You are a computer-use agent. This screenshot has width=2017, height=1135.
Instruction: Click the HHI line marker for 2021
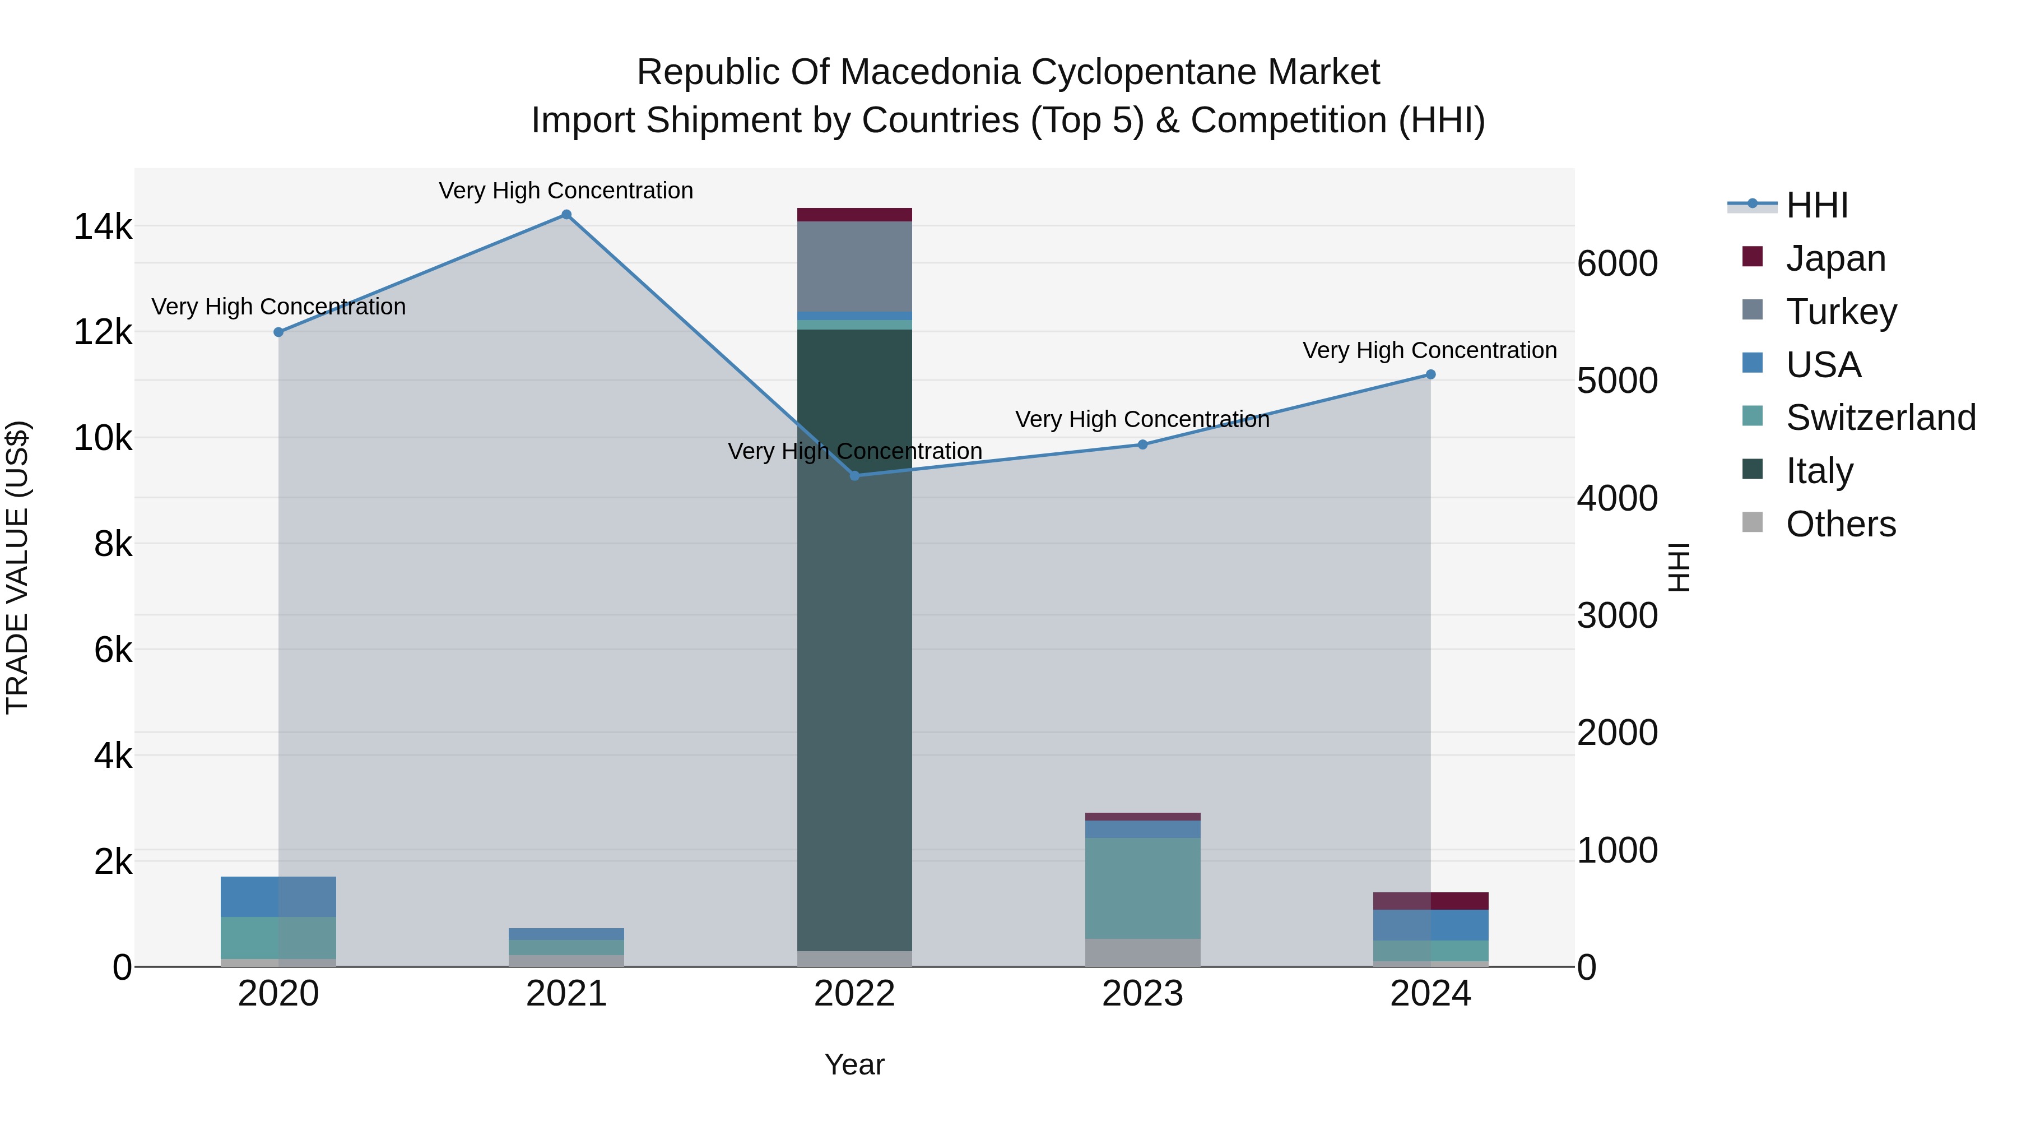(566, 215)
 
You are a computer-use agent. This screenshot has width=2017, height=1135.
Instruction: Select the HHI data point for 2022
(854, 475)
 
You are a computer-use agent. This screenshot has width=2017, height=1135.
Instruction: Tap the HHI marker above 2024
(1430, 374)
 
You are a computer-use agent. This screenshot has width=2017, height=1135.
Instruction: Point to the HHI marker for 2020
(279, 332)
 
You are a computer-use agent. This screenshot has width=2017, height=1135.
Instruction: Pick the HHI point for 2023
(1142, 445)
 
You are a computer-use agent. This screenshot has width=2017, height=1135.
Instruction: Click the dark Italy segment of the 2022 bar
(854, 627)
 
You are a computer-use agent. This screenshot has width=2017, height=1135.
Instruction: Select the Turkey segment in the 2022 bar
(854, 266)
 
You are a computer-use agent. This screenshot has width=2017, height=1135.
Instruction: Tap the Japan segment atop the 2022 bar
(854, 215)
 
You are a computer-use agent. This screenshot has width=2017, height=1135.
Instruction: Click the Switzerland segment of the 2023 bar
(1142, 887)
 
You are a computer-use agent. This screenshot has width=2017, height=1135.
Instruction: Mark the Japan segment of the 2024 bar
(1430, 901)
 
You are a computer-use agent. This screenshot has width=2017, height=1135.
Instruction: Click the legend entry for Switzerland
(1880, 418)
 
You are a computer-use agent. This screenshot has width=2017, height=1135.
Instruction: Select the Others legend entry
(1840, 524)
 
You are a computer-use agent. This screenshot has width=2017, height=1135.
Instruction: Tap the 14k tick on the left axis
(103, 227)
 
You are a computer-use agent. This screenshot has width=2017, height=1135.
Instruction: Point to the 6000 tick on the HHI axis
(1617, 264)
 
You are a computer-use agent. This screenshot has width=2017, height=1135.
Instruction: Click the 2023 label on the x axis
(1142, 994)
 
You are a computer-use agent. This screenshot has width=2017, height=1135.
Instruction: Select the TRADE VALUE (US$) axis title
(17, 567)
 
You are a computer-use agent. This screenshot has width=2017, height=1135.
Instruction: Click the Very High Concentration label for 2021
(565, 191)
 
